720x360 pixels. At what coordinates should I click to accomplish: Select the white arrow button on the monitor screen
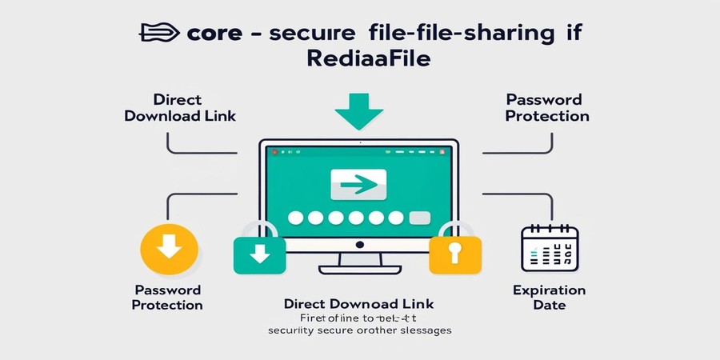click(358, 184)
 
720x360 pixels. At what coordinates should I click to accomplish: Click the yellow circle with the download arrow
click(169, 248)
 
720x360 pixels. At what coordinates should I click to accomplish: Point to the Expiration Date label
click(548, 298)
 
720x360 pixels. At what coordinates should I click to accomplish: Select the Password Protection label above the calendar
click(547, 108)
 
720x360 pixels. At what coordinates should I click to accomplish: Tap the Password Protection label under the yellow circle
click(167, 297)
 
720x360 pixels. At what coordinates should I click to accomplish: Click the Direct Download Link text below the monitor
click(359, 304)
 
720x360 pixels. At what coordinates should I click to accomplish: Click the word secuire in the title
click(313, 34)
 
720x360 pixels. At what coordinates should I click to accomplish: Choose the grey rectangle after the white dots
click(420, 218)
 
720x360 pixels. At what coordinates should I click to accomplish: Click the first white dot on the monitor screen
click(295, 218)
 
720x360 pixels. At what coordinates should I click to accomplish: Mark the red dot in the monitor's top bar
click(272, 150)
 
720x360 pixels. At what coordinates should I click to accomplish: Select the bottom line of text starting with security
click(359, 330)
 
